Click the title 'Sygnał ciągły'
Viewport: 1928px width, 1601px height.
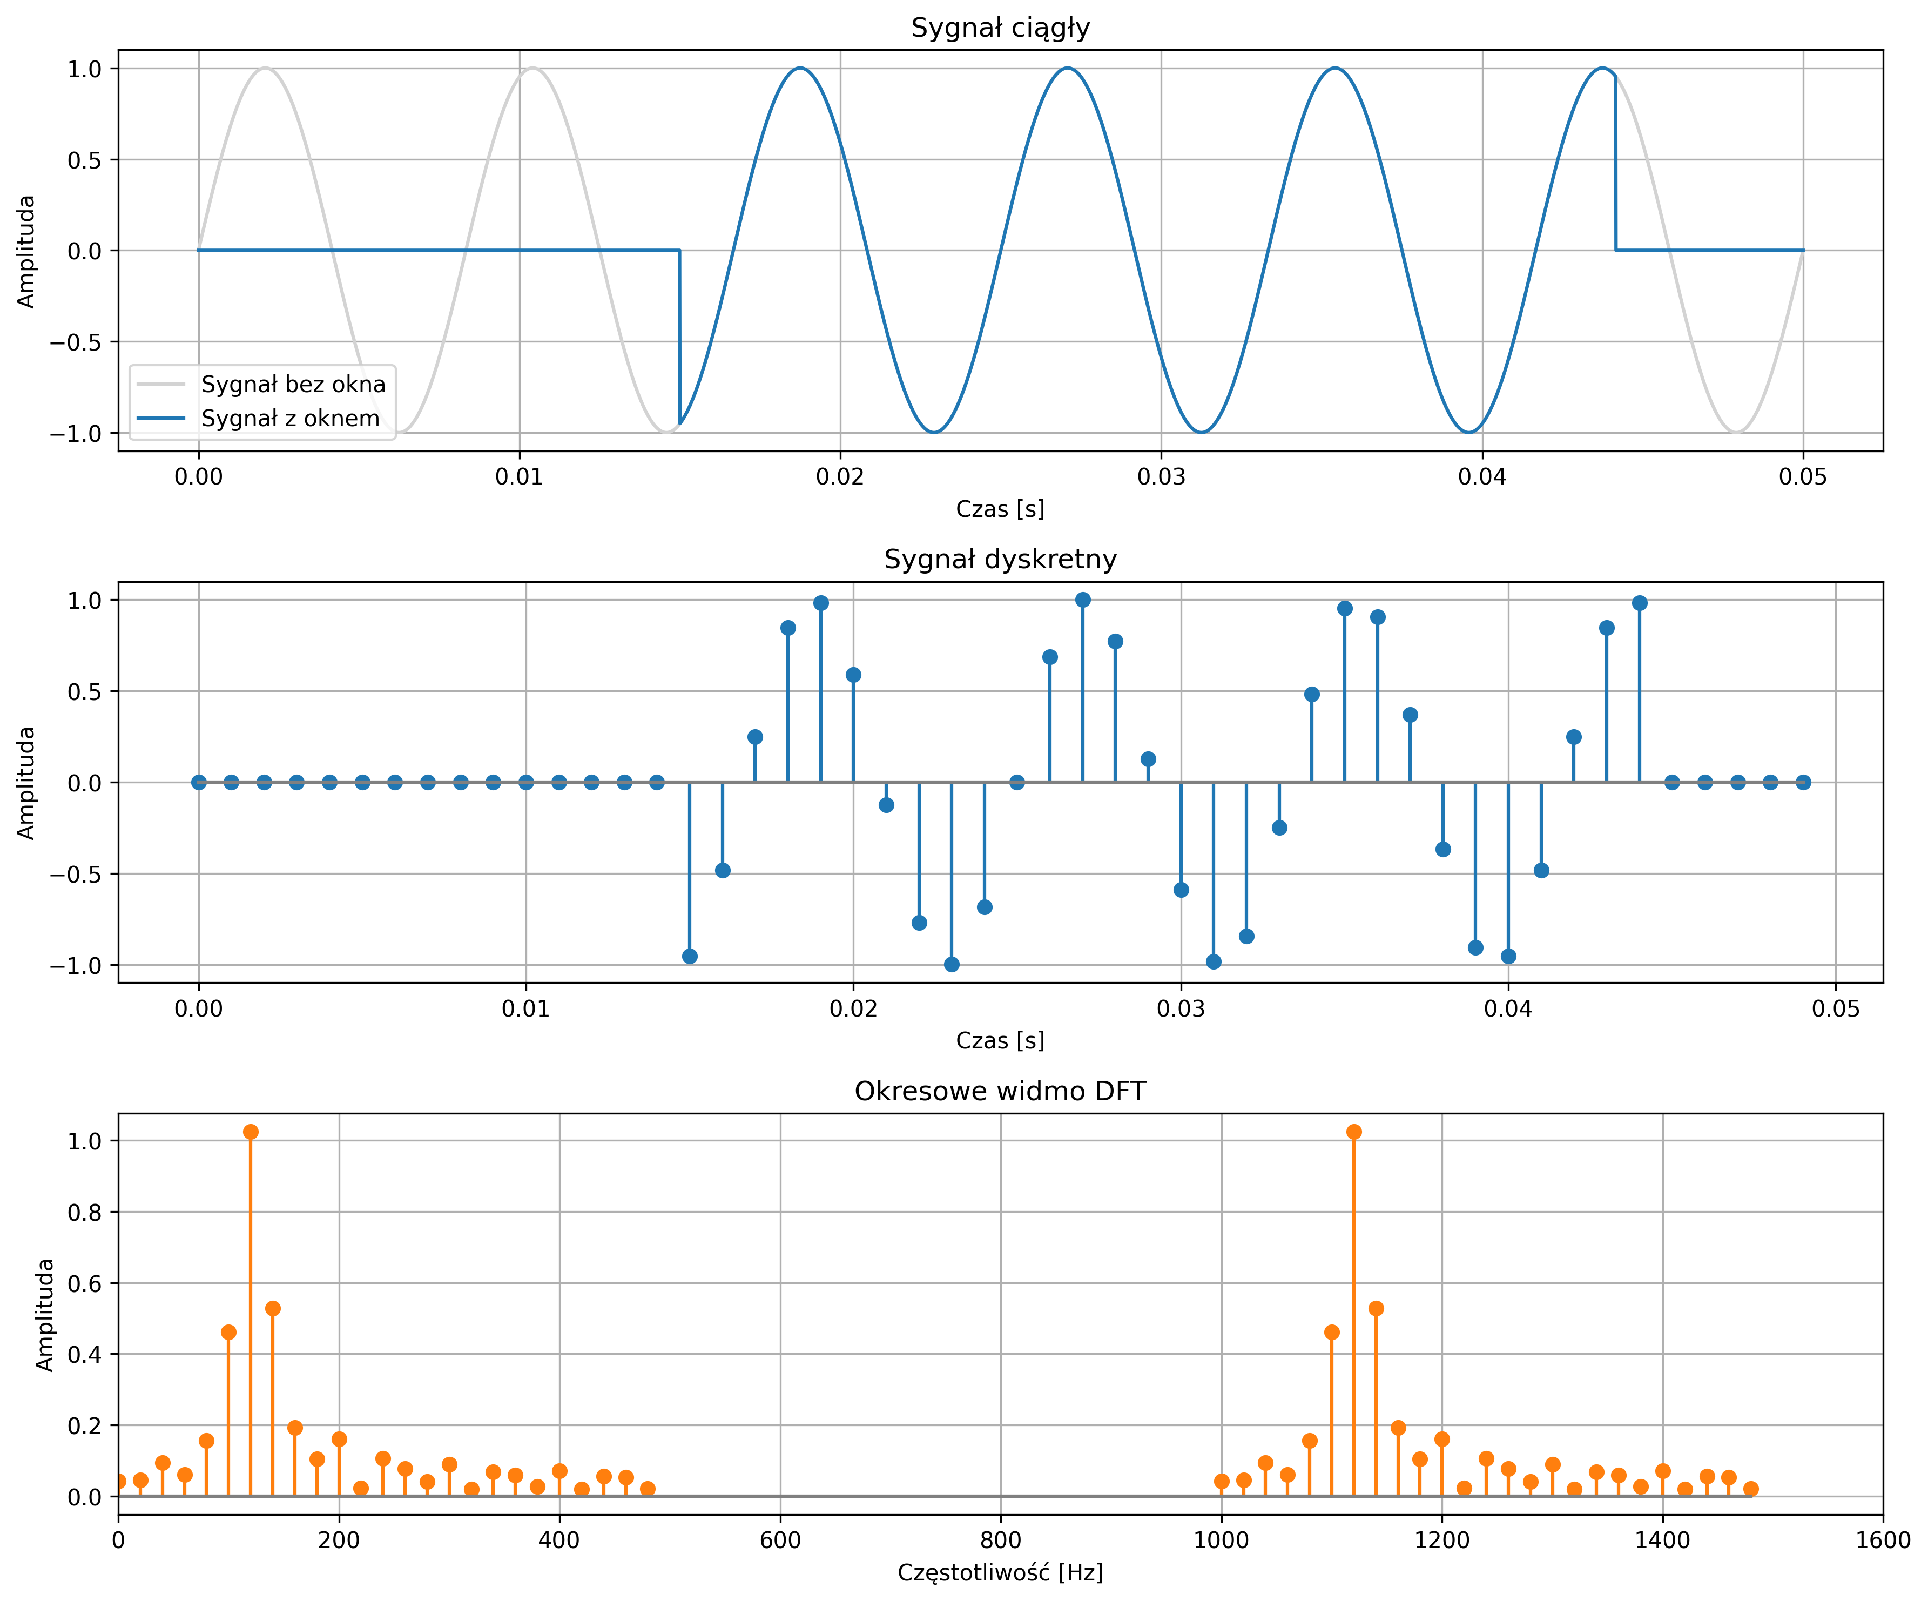tap(1000, 29)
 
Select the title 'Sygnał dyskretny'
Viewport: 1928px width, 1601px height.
tap(1000, 560)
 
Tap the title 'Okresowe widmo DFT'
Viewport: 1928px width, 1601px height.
tap(1000, 1092)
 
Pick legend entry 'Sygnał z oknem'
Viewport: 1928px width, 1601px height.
tap(290, 419)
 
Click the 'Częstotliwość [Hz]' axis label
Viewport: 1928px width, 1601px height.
tap(1000, 1572)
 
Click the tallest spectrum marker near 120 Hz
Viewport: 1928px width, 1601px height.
tap(251, 1132)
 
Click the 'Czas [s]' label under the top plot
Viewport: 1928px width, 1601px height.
tap(1000, 509)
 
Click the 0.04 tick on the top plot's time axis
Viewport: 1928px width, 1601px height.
tap(1482, 477)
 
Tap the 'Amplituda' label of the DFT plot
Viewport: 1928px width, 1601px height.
tap(45, 1315)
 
